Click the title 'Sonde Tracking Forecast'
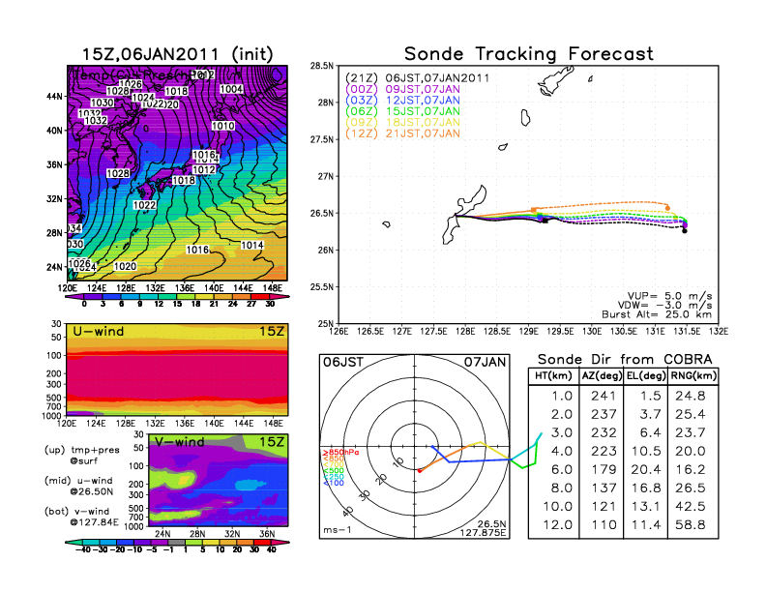tap(528, 53)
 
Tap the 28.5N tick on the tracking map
tap(321, 66)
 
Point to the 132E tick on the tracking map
tap(718, 331)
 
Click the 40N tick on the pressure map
tap(55, 130)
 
